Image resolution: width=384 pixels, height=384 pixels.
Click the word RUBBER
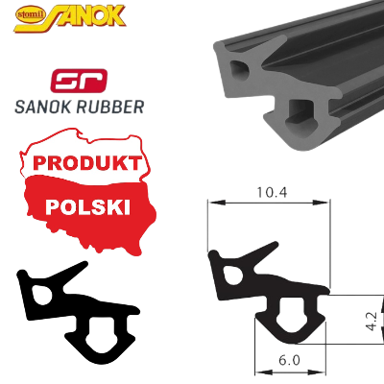112,107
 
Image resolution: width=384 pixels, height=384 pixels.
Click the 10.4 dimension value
275,193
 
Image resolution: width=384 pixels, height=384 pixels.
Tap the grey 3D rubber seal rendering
288,86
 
